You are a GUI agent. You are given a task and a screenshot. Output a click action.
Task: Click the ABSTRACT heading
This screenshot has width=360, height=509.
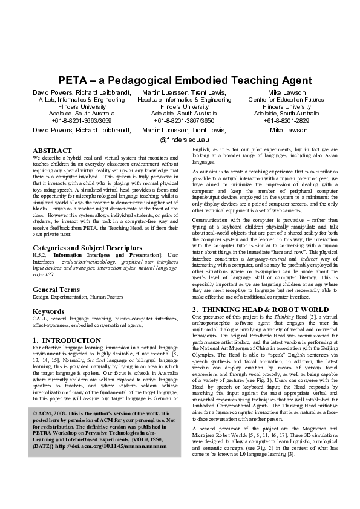52,150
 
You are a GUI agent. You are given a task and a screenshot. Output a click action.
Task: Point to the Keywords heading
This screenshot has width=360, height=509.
49,311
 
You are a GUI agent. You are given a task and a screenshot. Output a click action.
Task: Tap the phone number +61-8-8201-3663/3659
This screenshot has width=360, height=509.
81,120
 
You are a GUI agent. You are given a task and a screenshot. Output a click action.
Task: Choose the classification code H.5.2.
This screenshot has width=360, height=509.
41,256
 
